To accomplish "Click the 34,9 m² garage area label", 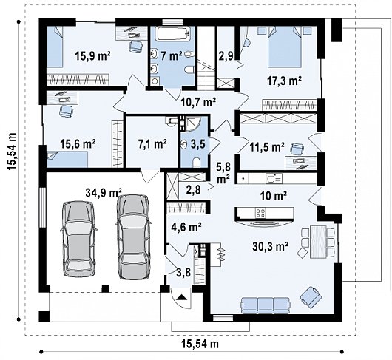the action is click(x=104, y=192).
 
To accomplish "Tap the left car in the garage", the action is click(x=78, y=239).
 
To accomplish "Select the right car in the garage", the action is click(x=134, y=237).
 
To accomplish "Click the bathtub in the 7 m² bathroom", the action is click(x=172, y=33).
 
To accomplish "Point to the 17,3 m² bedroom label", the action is click(x=284, y=81).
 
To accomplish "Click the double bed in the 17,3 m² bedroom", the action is click(x=285, y=47).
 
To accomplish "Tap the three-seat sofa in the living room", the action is click(x=266, y=305).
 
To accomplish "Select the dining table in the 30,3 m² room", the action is click(x=318, y=242).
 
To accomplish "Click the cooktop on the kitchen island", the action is click(x=260, y=213).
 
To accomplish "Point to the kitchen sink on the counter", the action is click(x=274, y=179).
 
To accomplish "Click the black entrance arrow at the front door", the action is click(x=181, y=297).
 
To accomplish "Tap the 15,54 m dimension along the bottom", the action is click(x=200, y=344).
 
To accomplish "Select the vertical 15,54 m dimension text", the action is click(x=12, y=152).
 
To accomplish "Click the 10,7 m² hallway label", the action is click(x=198, y=102).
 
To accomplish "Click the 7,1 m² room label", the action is click(x=152, y=144).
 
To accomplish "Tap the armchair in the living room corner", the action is click(x=311, y=296).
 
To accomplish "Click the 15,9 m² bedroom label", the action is click(x=92, y=55).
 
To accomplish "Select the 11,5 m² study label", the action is click(x=267, y=147).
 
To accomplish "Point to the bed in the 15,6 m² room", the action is click(x=67, y=159).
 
